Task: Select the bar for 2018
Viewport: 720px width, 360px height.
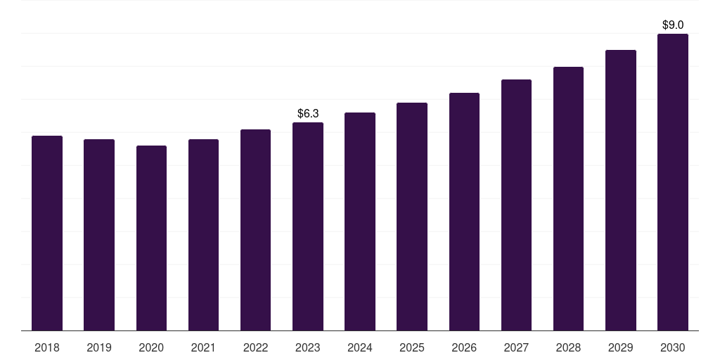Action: pos(47,233)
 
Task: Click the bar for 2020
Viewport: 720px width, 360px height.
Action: pos(152,238)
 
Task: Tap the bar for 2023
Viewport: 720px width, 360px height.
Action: pos(308,226)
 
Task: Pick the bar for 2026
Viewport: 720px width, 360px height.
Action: pos(464,212)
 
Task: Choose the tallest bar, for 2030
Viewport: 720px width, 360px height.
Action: pos(673,182)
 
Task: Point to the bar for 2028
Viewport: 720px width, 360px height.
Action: pos(568,199)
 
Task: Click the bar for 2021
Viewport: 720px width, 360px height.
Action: pos(203,235)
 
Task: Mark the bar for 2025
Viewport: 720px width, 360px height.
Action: pos(412,217)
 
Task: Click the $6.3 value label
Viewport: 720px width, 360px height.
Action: pos(308,113)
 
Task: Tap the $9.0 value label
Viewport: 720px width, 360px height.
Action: pos(673,25)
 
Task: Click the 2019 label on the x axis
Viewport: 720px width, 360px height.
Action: pos(99,347)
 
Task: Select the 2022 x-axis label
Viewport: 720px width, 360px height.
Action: pos(255,347)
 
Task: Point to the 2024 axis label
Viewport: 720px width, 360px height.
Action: pos(360,347)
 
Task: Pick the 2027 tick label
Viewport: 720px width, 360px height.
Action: pos(516,347)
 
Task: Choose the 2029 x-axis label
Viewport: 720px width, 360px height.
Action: pos(620,347)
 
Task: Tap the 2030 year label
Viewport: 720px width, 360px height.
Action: pos(673,347)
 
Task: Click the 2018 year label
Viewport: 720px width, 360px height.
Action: pos(47,347)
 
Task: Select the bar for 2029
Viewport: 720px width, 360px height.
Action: pos(621,191)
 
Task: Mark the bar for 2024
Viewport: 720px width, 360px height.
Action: pos(360,221)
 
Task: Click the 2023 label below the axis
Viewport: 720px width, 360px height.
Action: pos(308,347)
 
